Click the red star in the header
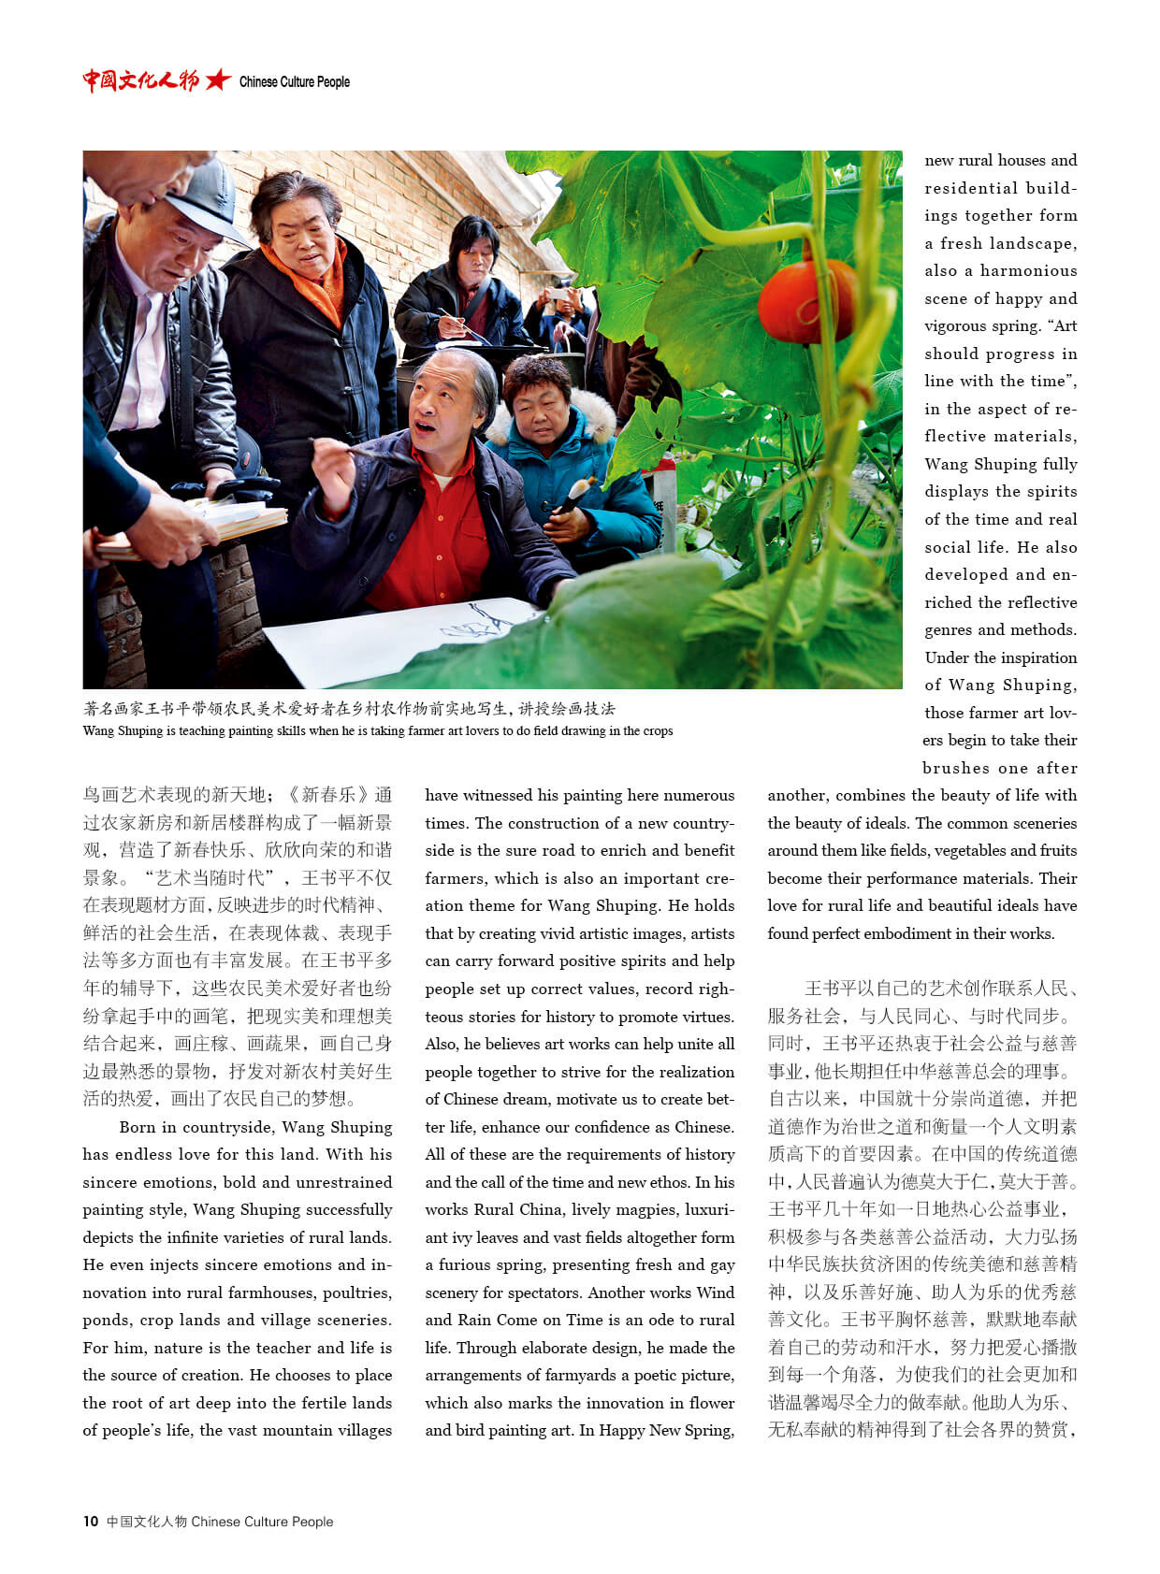[217, 80]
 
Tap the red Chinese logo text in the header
[140, 80]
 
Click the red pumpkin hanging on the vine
[806, 301]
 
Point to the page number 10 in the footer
[90, 1522]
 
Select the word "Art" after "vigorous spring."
[1065, 326]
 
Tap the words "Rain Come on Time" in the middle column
[524, 1321]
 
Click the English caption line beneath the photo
[377, 731]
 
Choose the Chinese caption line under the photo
[349, 709]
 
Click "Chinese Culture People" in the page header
[295, 82]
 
